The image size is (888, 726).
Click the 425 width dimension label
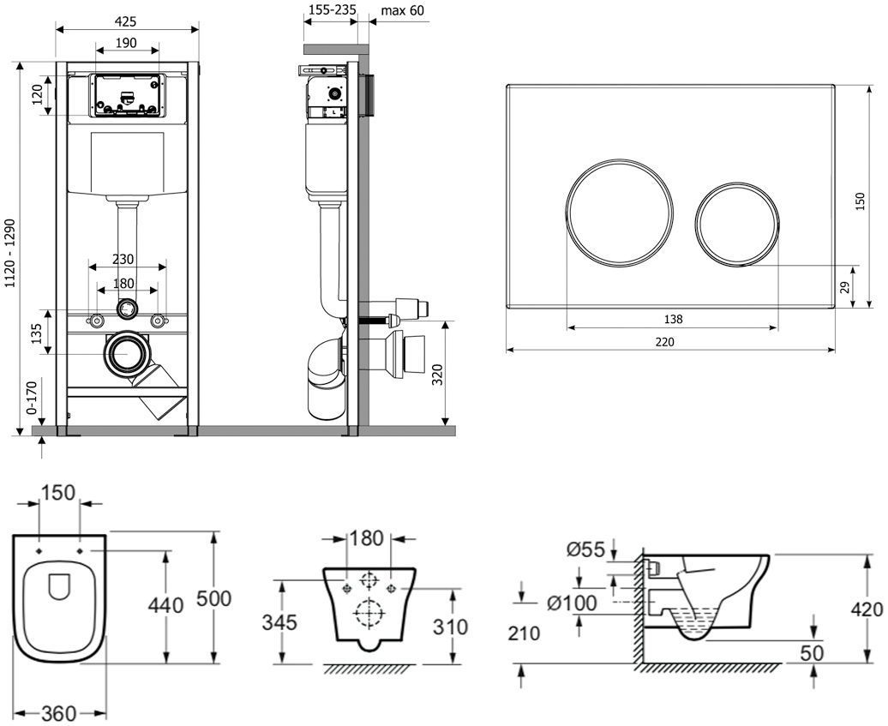127,21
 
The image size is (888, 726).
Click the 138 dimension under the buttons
673,319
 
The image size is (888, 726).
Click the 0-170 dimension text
33,399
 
